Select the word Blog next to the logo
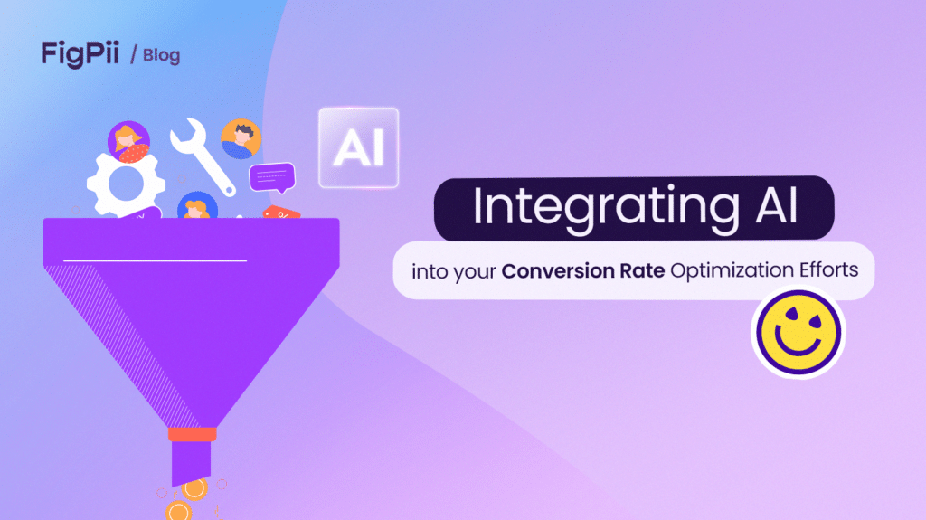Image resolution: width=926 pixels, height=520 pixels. click(x=161, y=55)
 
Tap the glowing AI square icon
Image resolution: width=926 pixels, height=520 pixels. click(x=358, y=148)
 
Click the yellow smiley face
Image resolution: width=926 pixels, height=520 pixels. click(x=797, y=331)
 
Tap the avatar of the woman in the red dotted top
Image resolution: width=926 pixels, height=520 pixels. click(x=128, y=142)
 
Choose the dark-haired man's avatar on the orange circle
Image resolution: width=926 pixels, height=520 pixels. click(x=241, y=138)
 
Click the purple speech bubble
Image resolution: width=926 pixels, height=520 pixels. click(x=271, y=176)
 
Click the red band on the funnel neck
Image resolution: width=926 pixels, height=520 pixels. click(x=192, y=435)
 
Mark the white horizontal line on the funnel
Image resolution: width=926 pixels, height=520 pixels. click(x=155, y=260)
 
